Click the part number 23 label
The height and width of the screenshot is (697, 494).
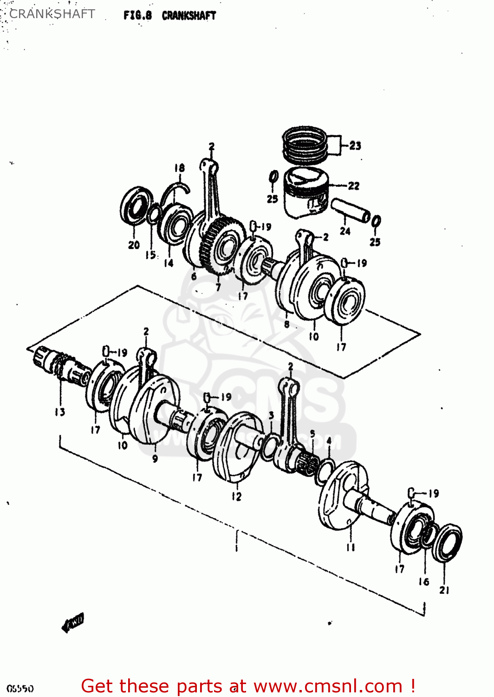click(x=355, y=146)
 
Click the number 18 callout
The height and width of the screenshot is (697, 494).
click(x=179, y=168)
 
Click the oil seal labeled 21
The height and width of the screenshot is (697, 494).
click(x=448, y=542)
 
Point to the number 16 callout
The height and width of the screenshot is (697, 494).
click(x=424, y=582)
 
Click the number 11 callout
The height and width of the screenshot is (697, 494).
click(x=350, y=547)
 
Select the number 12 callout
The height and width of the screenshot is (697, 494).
click(x=237, y=496)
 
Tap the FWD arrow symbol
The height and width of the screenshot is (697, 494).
click(x=73, y=623)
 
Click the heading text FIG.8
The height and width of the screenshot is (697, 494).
click(x=137, y=15)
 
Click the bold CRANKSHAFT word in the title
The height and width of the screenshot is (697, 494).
click(x=189, y=15)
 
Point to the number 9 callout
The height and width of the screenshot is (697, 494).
click(x=155, y=459)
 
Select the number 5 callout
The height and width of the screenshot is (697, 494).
click(x=312, y=434)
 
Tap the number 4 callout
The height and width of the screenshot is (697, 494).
click(x=329, y=440)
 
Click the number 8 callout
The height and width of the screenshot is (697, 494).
click(x=286, y=324)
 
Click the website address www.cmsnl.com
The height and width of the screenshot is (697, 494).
click(x=328, y=686)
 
